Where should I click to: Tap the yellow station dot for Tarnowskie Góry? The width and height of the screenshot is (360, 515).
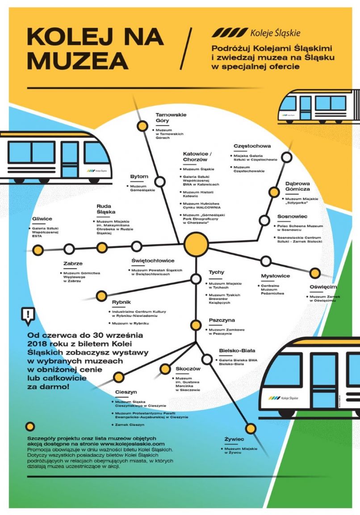pyautogui.click(x=142, y=126)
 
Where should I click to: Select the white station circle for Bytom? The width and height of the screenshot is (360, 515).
pyautogui.click(x=160, y=182)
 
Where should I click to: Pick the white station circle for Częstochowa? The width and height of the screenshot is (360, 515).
pyautogui.click(x=287, y=157)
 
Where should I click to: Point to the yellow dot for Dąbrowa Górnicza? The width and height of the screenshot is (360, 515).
pyautogui.click(x=274, y=192)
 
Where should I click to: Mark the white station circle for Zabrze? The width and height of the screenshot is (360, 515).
pyautogui.click(x=69, y=249)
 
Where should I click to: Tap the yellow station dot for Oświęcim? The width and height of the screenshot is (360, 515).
pyautogui.click(x=315, y=273)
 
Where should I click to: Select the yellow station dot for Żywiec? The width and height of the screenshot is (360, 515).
pyautogui.click(x=251, y=429)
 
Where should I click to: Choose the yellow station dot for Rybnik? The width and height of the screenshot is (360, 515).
pyautogui.click(x=102, y=295)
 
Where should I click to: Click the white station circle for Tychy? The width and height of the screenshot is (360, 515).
pyautogui.click(x=196, y=279)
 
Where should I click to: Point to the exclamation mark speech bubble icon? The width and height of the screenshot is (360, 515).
pyautogui.click(x=28, y=315)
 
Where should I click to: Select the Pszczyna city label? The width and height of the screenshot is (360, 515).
pyautogui.click(x=222, y=321)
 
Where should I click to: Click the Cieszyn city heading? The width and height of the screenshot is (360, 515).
pyautogui.click(x=126, y=392)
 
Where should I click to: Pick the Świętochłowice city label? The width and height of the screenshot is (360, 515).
pyautogui.click(x=153, y=261)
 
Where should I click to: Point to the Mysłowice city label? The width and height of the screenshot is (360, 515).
pyautogui.click(x=276, y=276)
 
